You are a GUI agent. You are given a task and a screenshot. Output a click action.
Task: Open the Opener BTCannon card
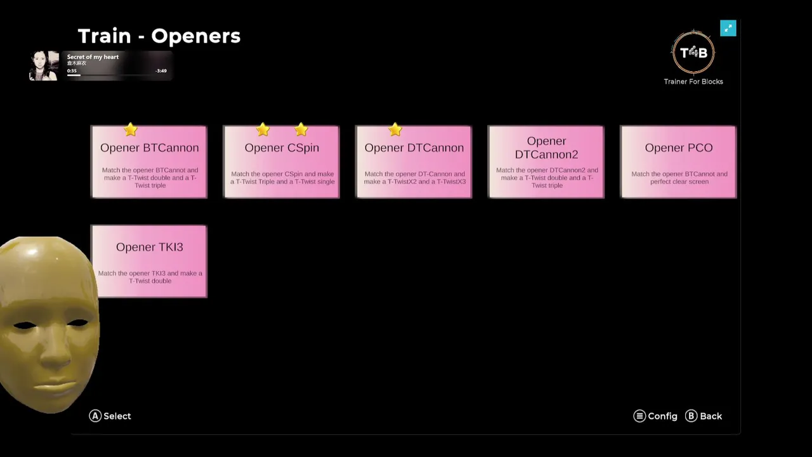[149, 162]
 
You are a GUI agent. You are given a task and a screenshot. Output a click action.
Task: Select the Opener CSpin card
[282, 162]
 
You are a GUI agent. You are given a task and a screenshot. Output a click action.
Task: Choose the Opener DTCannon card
[414, 162]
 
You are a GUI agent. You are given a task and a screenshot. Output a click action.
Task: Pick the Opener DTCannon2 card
[546, 162]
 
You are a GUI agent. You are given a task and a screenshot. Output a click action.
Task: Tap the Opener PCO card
[678, 162]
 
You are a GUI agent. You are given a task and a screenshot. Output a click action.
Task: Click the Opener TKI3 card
[149, 261]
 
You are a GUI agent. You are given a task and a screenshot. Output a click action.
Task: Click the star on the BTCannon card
[131, 130]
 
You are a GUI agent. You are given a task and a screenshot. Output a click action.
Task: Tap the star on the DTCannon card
[395, 130]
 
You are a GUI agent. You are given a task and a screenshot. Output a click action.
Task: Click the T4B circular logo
[693, 53]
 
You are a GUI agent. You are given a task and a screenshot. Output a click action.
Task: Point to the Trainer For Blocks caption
[693, 81]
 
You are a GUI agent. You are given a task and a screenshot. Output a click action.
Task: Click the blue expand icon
[728, 28]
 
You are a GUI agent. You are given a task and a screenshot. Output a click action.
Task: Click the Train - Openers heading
[159, 36]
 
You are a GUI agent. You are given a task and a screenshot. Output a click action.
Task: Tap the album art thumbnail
[44, 65]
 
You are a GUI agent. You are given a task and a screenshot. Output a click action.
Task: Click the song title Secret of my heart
[93, 57]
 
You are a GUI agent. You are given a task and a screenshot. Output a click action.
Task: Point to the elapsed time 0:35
[72, 71]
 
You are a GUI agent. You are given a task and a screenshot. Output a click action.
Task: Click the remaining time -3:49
[161, 71]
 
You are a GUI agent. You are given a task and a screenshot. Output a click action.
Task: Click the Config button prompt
[656, 416]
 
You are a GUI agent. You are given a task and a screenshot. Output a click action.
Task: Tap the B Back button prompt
[704, 416]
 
